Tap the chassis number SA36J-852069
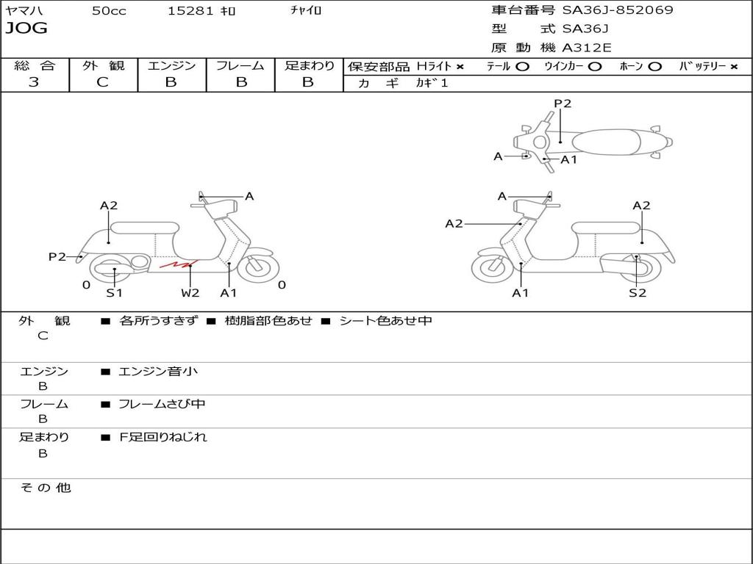point(618,10)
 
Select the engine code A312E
point(586,48)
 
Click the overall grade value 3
point(34,82)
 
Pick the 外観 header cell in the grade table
point(103,65)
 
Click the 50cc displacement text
point(108,11)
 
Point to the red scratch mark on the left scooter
point(179,263)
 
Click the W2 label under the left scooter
point(190,293)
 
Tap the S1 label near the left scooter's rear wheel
point(114,293)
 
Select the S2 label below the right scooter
point(637,293)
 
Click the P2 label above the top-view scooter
point(563,104)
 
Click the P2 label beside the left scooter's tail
point(57,256)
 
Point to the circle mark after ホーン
point(655,67)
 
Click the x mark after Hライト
point(460,67)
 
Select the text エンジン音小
point(158,372)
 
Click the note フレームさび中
point(162,404)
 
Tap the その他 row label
point(45,488)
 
